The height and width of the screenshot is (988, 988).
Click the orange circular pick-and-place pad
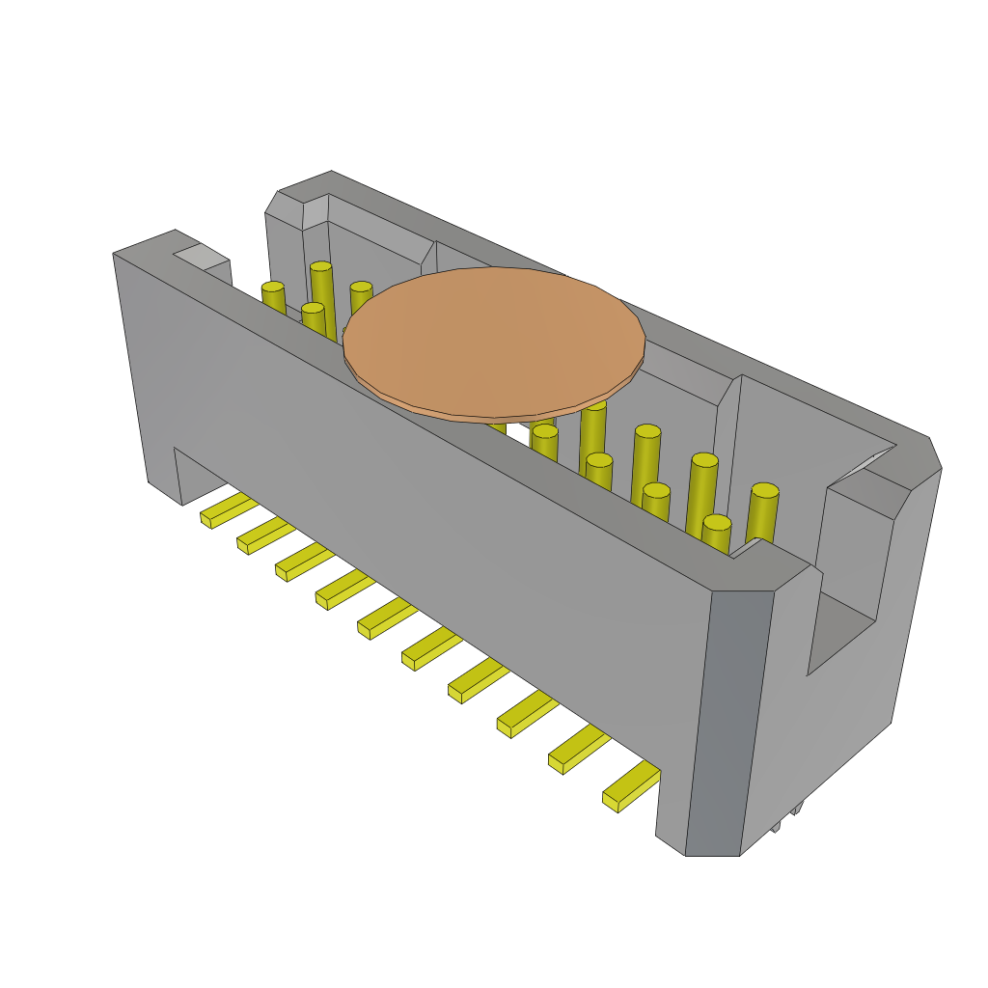pyautogui.click(x=494, y=340)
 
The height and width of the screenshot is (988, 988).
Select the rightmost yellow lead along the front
pyautogui.click(x=633, y=785)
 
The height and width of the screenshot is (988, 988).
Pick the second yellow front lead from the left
pyautogui.click(x=266, y=535)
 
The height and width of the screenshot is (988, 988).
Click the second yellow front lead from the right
pyautogui.click(x=579, y=748)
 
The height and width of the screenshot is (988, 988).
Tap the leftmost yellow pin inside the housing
pyautogui.click(x=274, y=298)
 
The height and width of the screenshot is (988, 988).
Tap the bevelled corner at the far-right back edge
pyautogui.click(x=934, y=453)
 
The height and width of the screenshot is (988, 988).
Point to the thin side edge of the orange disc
pyautogui.click(x=492, y=413)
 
